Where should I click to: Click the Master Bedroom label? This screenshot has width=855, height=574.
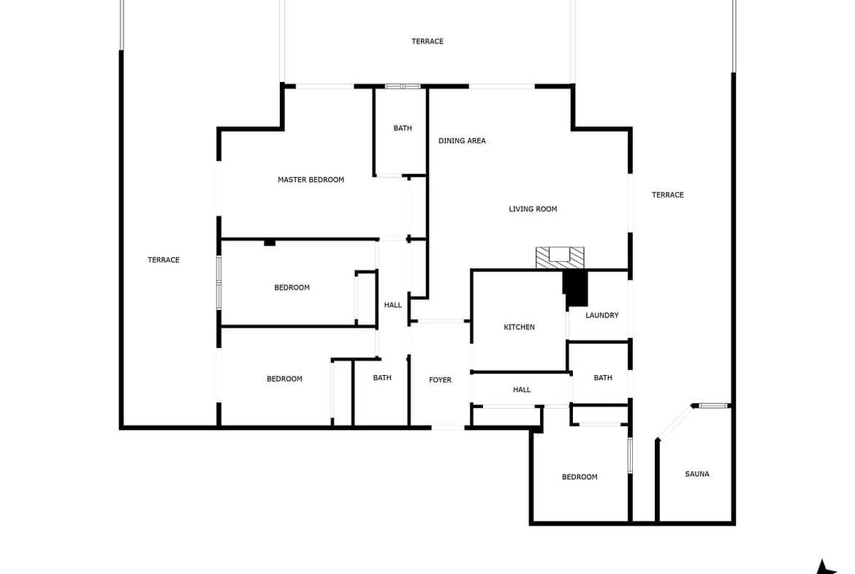point(311,179)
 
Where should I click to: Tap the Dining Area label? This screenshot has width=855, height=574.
point(462,141)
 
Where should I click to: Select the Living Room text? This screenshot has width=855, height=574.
point(533,209)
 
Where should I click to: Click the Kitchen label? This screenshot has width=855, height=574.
point(519,327)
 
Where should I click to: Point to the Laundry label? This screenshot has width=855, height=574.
point(602,315)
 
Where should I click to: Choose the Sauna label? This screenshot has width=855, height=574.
point(697,474)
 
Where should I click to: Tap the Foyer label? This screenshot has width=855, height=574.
point(440,379)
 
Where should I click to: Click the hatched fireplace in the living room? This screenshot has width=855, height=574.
point(560,257)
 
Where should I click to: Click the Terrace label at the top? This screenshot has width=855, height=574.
point(427,42)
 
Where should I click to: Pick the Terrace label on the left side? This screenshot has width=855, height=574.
point(164,260)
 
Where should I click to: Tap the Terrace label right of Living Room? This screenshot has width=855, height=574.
point(667,195)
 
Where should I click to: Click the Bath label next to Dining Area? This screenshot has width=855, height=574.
point(403,128)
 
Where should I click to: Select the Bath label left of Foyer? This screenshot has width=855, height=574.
point(382,377)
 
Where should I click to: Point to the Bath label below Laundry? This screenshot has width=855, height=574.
point(603,377)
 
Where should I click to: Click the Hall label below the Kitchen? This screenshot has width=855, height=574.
point(522,390)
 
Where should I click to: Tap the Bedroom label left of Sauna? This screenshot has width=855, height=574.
point(579,477)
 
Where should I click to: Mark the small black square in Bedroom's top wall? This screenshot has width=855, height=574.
point(270,242)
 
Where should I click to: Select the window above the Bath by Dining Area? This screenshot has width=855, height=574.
point(403,86)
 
